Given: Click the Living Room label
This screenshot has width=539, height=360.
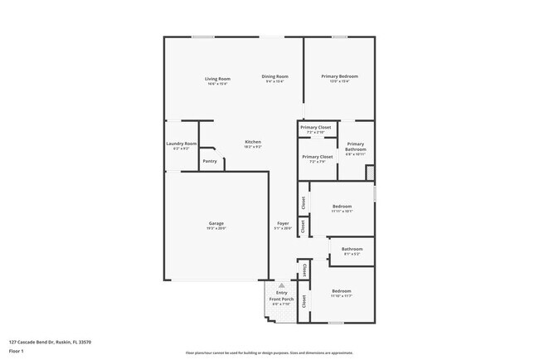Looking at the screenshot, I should (x=217, y=79).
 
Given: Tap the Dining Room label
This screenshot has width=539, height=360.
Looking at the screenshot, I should (x=275, y=76).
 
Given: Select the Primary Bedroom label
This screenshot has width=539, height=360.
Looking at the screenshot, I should (x=339, y=76).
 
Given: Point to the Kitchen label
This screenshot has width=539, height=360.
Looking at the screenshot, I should (x=253, y=142).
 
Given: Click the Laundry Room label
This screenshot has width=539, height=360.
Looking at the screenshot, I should (x=181, y=144).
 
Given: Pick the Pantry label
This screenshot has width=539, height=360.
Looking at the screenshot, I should (x=210, y=161).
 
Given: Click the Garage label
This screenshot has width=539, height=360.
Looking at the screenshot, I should (x=216, y=223).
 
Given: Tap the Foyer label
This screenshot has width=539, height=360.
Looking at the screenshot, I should (x=283, y=223).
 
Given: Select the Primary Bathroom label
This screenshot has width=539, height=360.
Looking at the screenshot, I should (x=355, y=146).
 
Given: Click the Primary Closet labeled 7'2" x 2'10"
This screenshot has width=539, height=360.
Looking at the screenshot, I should (x=316, y=127).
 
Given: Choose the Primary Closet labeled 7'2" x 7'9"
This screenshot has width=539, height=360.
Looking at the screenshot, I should (x=318, y=156).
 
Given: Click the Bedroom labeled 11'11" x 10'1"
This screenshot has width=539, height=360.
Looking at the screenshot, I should (x=342, y=206).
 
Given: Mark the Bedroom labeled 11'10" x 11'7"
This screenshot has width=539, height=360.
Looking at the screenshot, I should (x=342, y=291).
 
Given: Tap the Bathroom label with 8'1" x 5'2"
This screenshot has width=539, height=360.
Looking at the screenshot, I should (x=352, y=249).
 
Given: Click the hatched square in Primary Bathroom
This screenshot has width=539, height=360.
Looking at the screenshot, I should (x=370, y=172).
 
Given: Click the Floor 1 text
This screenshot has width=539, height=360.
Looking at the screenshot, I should (x=17, y=351).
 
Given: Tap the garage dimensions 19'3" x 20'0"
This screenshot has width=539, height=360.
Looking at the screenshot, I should (x=216, y=228).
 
